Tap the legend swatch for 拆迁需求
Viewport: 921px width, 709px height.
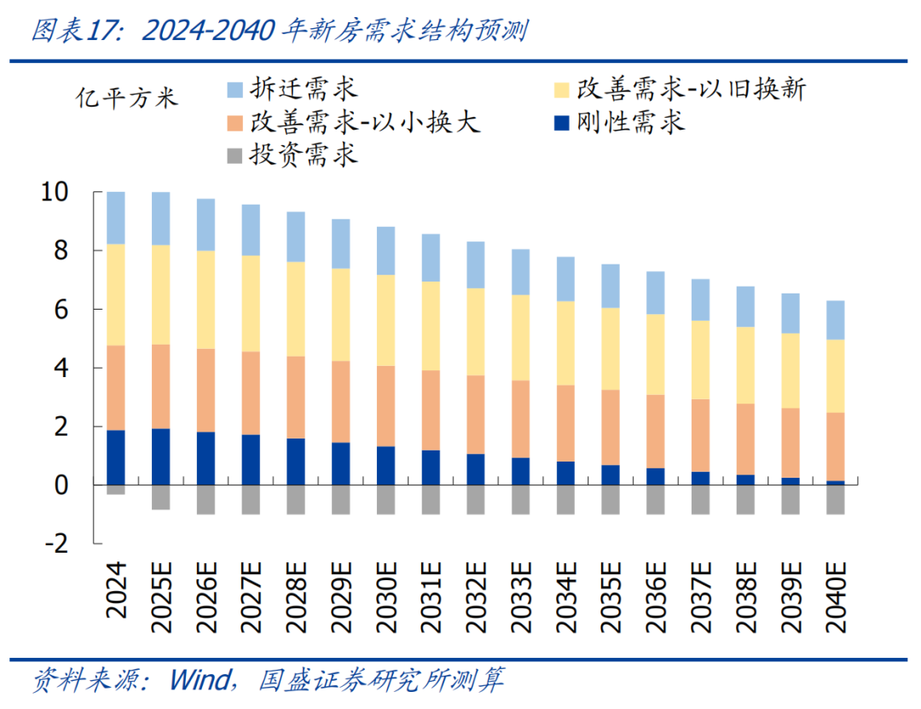pyautogui.click(x=236, y=89)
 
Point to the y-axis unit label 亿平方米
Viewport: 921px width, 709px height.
pyautogui.click(x=127, y=97)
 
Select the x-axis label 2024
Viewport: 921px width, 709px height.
pyautogui.click(x=116, y=590)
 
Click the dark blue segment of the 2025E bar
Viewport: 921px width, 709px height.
pyautogui.click(x=160, y=456)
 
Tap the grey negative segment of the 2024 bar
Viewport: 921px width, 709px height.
pyautogui.click(x=116, y=490)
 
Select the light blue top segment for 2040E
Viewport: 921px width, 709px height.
pyautogui.click(x=835, y=320)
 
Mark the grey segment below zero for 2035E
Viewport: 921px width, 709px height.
pyautogui.click(x=610, y=499)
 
